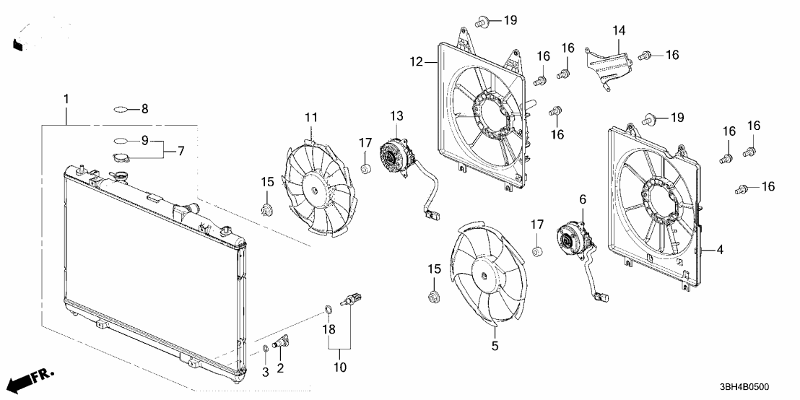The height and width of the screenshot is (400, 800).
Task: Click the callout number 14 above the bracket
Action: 619,30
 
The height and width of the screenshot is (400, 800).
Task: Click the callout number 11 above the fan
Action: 310,117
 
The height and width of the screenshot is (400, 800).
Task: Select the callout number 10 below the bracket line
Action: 339,368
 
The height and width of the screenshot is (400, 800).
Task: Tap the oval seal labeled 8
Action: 121,110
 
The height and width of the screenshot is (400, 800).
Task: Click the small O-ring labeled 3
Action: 265,349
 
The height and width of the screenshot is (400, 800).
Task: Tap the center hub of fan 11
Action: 316,187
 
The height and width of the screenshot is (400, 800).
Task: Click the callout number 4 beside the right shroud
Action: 719,251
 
